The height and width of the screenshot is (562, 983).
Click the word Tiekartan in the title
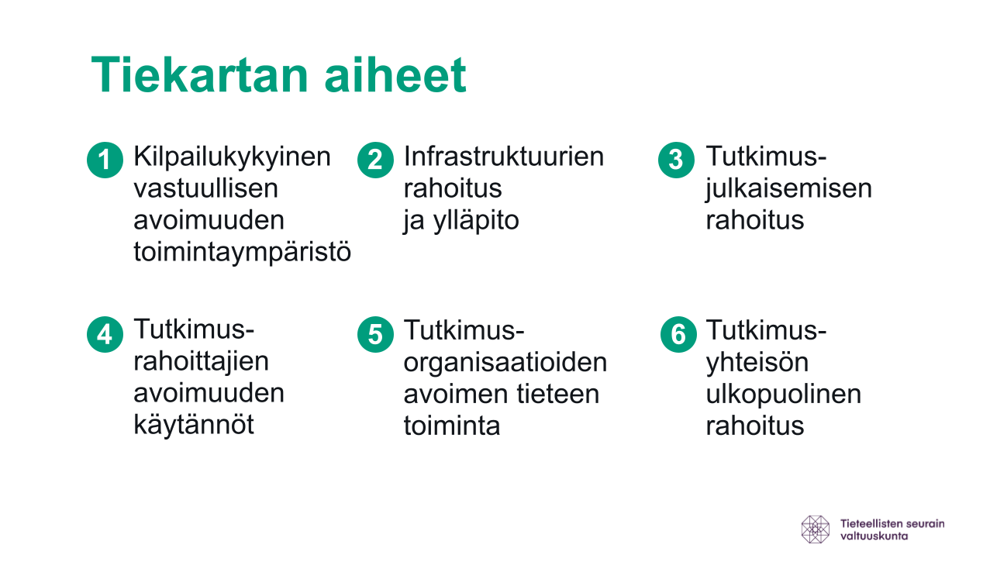click(x=200, y=75)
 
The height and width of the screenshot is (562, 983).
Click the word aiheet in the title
click(x=395, y=75)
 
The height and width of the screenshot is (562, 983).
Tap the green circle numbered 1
click(x=105, y=160)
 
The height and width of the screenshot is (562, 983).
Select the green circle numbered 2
click(x=375, y=160)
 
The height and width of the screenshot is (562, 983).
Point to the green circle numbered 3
click(x=676, y=160)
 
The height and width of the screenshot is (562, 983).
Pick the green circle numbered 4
click(x=105, y=334)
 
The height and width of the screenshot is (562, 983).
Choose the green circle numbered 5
click(x=375, y=334)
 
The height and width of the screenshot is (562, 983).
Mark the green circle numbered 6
click(x=678, y=334)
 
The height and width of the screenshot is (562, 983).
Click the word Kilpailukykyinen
click(x=232, y=158)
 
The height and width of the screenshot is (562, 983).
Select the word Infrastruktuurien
click(x=504, y=157)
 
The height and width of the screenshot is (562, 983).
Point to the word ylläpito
click(x=477, y=221)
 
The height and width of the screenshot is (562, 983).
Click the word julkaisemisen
click(x=788, y=189)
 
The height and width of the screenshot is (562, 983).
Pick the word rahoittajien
click(x=201, y=363)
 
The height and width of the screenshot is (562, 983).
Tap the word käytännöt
click(x=194, y=426)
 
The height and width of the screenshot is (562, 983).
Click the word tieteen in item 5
click(x=557, y=394)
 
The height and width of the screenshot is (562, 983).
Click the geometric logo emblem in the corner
click(x=816, y=529)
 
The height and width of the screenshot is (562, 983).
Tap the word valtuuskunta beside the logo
click(x=874, y=536)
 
